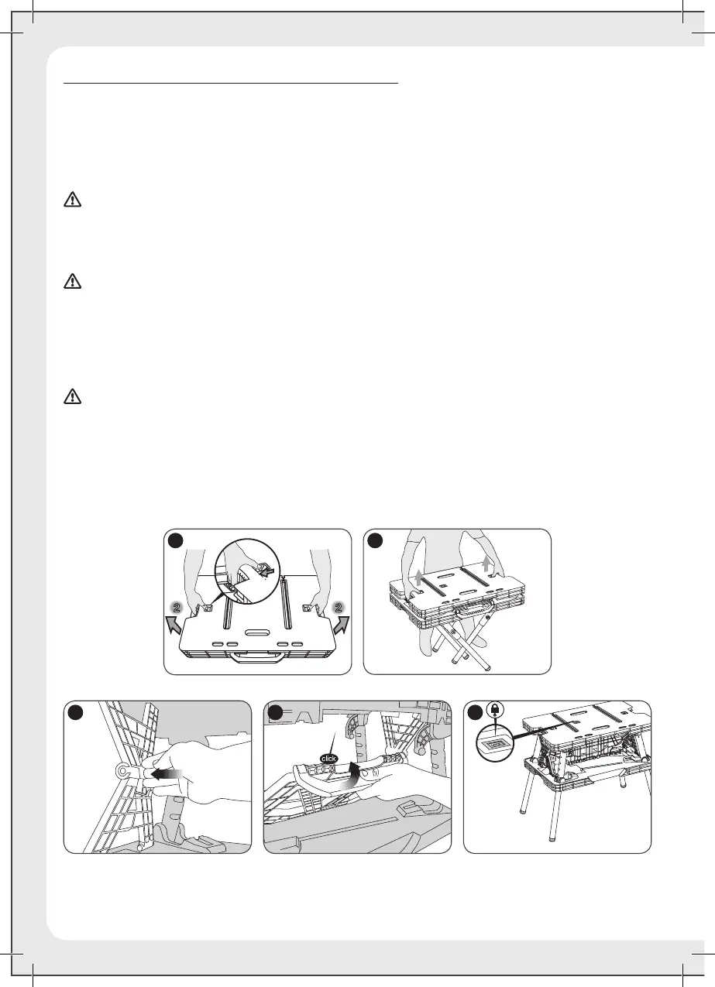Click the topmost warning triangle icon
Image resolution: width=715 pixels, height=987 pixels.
[72, 200]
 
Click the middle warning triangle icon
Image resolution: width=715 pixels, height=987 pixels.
[72, 281]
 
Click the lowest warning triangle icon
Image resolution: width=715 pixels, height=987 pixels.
[72, 397]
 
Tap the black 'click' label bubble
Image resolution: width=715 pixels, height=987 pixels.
[329, 758]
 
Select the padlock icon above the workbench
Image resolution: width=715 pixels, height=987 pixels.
[496, 710]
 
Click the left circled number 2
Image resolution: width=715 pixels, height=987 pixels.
[177, 608]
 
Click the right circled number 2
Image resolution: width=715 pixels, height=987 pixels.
[339, 608]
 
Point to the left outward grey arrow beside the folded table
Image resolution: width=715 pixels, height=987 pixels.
[174, 625]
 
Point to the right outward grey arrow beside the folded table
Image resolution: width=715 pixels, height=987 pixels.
[341, 625]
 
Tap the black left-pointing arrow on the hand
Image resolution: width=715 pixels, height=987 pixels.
[166, 774]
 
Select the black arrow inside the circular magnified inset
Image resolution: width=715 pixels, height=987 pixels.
[266, 571]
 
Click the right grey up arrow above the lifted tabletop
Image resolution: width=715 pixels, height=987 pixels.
[486, 564]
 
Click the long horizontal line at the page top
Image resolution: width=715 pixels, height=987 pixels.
[231, 82]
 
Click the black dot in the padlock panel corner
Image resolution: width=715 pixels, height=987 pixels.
[475, 713]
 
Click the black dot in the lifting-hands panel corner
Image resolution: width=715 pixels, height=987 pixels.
[375, 540]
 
